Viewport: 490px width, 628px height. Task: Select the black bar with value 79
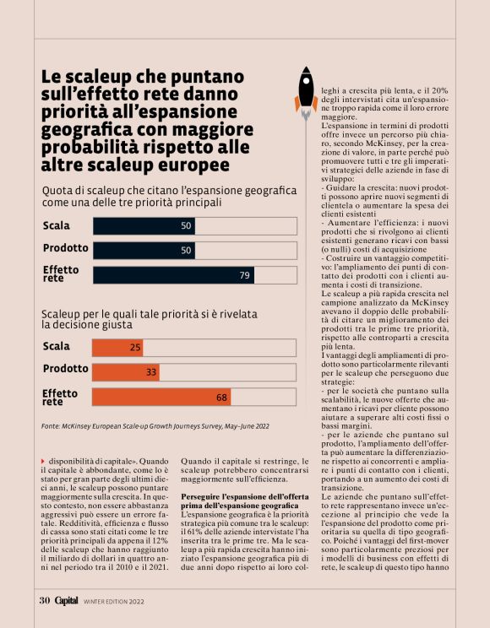173,275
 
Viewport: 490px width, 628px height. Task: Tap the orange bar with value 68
161,397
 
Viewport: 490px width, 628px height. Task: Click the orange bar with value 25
117,347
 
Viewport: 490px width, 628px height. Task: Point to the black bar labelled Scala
144,226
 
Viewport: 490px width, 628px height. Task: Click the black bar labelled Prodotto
144,251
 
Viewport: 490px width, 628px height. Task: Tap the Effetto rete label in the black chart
61,274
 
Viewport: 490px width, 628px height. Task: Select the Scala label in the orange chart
57,346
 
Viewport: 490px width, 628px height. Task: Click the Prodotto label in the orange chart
65,369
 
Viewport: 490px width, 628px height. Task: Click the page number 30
45,601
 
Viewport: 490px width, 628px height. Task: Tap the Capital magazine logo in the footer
67,601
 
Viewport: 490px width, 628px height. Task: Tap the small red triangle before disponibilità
43,460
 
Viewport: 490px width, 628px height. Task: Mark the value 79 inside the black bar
245,275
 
